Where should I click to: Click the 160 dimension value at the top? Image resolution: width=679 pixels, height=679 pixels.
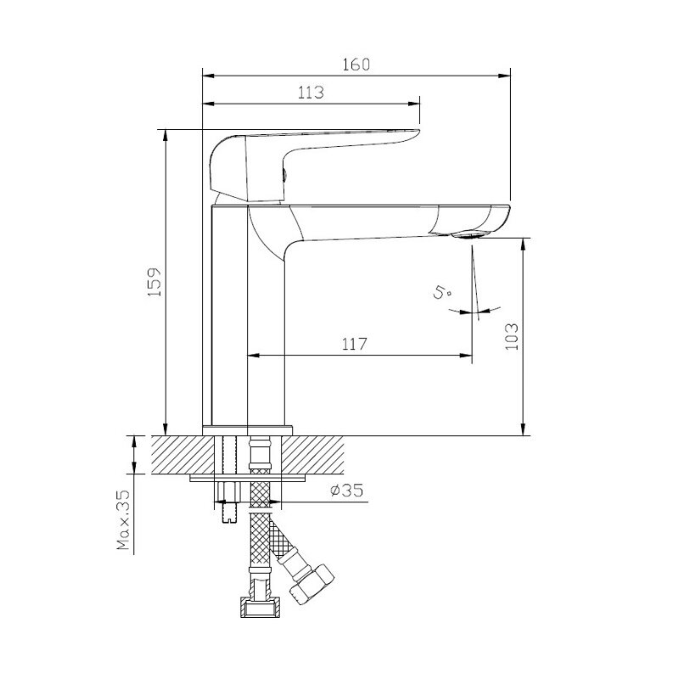tap(356, 65)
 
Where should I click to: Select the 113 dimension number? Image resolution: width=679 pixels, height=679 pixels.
tap(311, 93)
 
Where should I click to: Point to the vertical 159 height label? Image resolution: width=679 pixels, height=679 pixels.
tap(154, 282)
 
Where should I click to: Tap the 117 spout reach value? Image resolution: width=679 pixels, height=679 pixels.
tap(354, 345)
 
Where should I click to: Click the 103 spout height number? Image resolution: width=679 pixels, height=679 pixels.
tap(512, 336)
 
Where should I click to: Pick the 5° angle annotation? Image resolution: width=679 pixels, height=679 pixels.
tap(442, 292)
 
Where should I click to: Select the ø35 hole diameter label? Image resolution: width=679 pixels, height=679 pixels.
tap(346, 491)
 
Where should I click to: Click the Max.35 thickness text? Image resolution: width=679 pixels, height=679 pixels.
tap(123, 520)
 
